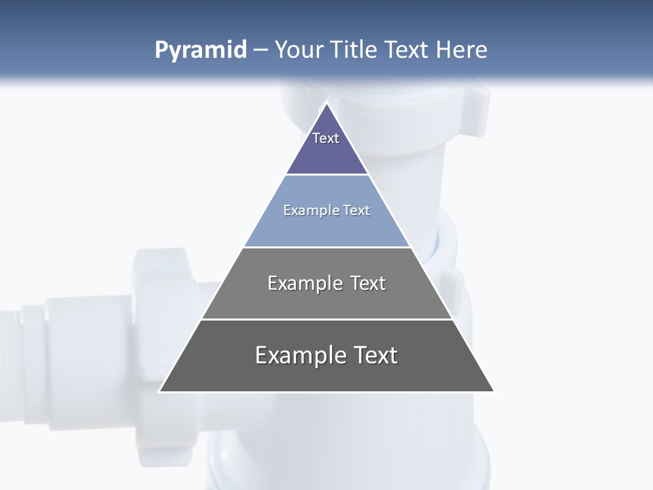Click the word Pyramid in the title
click(x=201, y=50)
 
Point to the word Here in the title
click(x=462, y=50)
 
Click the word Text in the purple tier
click(x=326, y=138)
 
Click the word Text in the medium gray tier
click(x=369, y=283)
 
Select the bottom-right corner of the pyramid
click(x=493, y=391)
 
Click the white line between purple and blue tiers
click(x=327, y=175)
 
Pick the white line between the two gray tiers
click(x=327, y=319)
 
